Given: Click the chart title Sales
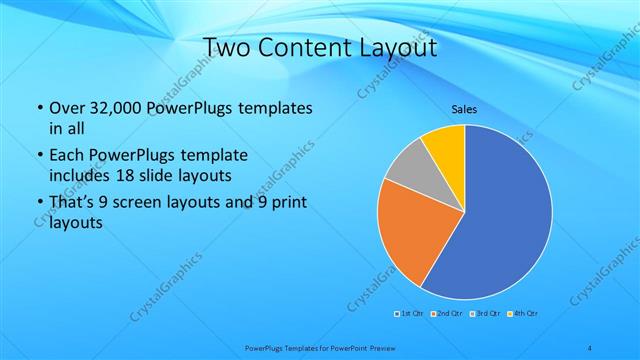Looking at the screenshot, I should point(464,109).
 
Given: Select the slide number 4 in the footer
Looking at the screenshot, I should point(591,348).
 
